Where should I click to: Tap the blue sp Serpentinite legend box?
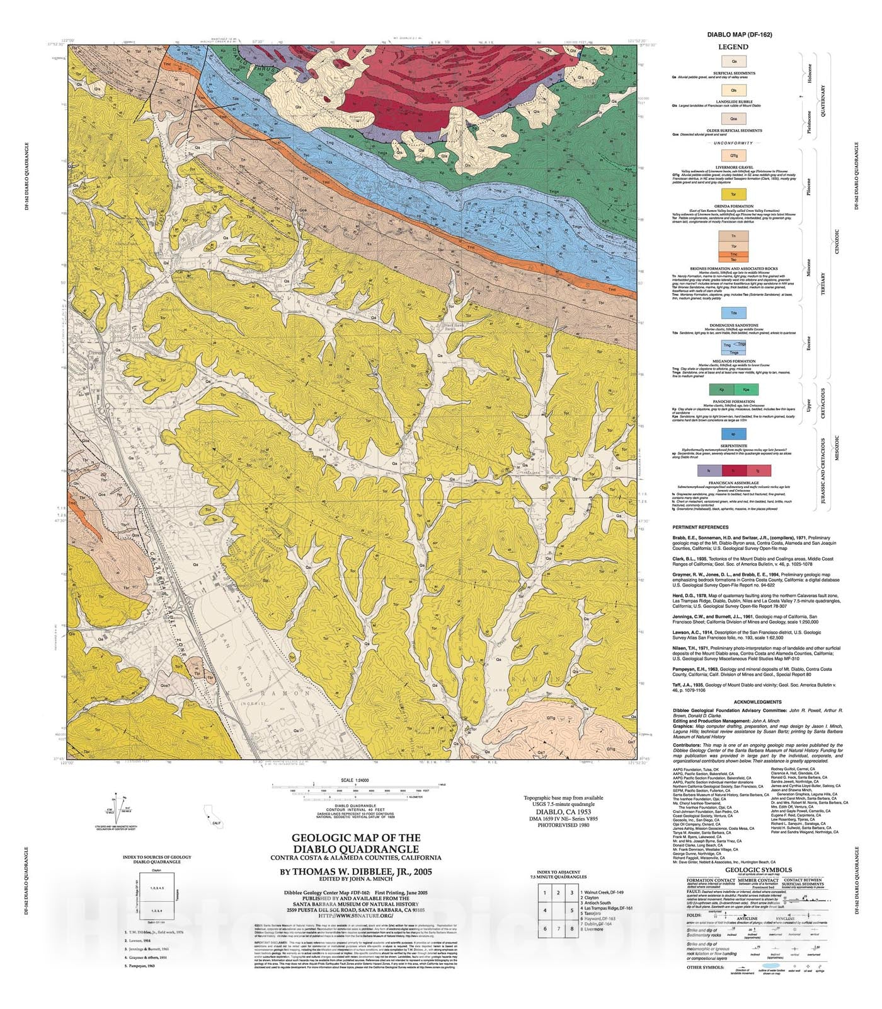tap(733, 433)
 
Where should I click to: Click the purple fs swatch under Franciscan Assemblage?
tap(709, 470)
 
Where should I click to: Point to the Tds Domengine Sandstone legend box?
tap(733, 313)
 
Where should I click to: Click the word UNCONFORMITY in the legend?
tap(733, 143)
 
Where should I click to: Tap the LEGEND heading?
tap(733, 47)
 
